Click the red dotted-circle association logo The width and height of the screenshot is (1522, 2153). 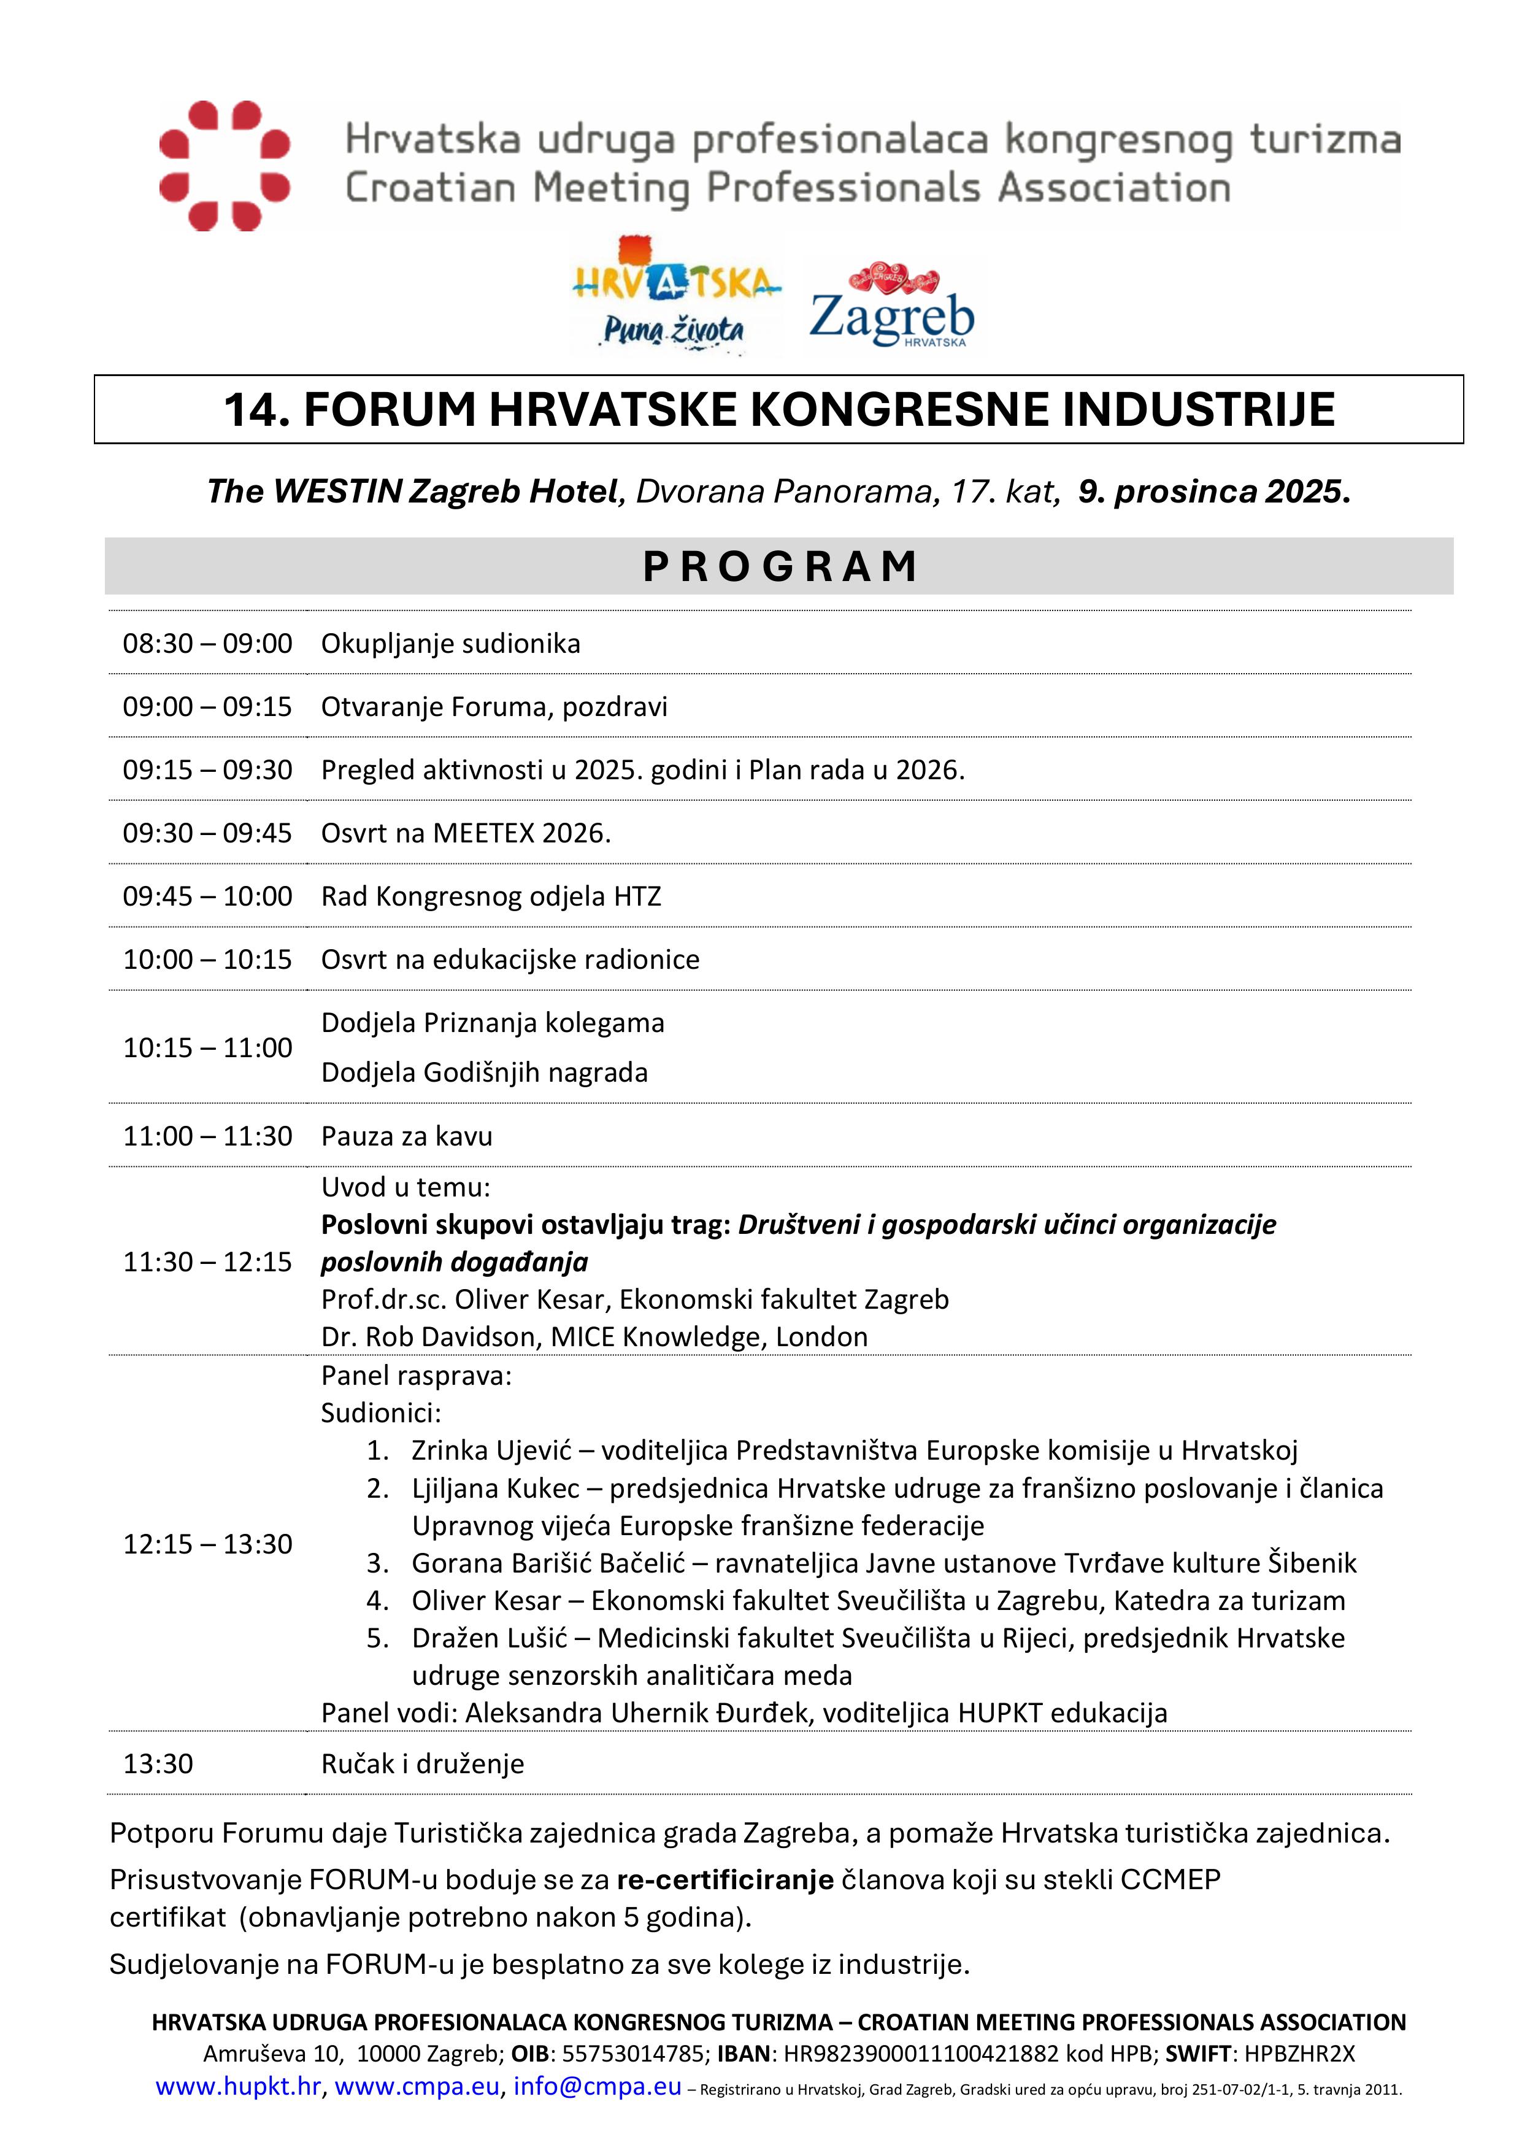click(x=224, y=166)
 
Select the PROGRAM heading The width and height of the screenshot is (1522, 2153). click(x=779, y=566)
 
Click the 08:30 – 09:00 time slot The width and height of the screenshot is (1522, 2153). click(x=207, y=643)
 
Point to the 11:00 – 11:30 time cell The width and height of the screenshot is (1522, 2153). click(x=207, y=1136)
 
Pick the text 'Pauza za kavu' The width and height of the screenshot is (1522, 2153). click(x=406, y=1136)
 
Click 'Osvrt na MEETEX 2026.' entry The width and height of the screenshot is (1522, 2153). click(x=465, y=833)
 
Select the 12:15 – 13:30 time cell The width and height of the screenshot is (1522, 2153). click(x=207, y=1544)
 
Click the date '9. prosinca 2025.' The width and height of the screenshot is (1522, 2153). click(x=1213, y=491)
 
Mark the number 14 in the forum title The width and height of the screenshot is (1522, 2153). click(x=256, y=410)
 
